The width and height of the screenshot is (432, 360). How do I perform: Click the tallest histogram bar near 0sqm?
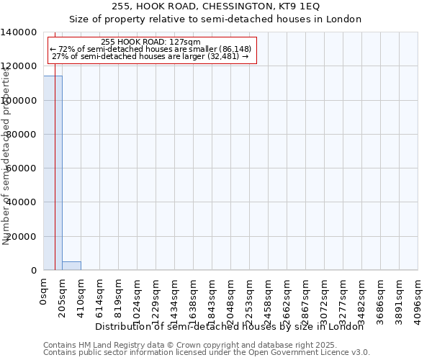[53, 173]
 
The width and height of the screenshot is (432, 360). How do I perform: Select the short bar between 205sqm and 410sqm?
[71, 266]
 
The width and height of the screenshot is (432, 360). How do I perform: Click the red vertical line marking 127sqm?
[55, 180]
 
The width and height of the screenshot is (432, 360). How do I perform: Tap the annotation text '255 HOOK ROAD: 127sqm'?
[151, 42]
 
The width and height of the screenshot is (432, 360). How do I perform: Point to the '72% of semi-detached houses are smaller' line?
[151, 49]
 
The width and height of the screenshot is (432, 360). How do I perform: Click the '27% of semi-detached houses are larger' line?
[151, 56]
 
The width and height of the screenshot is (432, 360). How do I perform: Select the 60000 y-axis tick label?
[22, 168]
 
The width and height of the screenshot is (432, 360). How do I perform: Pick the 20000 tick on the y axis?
[22, 236]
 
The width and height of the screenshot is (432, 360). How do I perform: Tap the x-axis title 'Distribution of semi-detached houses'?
[230, 327]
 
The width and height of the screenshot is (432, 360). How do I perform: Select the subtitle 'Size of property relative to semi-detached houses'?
[215, 19]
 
